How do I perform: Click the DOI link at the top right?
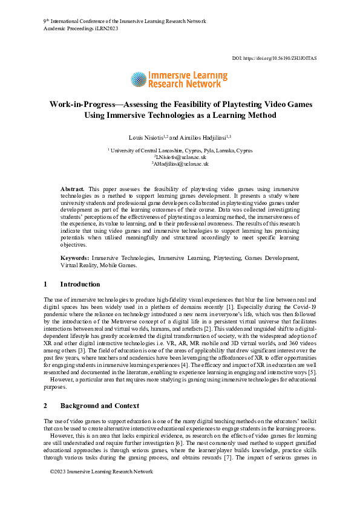pos(275,58)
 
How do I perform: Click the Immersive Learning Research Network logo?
pos(180,79)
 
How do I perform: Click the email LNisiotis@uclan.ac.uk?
pos(180,157)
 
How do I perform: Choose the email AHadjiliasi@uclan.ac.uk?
pos(180,163)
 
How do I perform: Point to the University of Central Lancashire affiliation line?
pos(180,150)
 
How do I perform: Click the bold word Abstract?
pos(73,190)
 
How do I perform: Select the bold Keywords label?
pos(75,258)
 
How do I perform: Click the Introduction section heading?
pos(80,284)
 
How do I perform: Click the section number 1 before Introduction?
pos(45,284)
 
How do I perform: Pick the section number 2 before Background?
pos(45,389)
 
